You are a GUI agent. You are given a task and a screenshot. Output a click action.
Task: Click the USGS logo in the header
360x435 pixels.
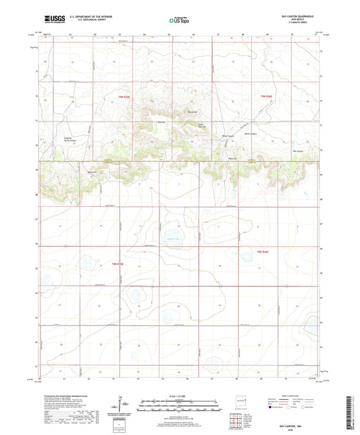(x=51, y=20)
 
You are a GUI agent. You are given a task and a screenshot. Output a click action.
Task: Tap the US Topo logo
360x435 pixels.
(x=179, y=21)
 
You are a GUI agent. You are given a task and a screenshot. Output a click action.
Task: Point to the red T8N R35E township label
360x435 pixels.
(x=119, y=263)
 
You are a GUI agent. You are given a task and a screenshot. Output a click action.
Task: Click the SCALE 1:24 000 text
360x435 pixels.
(x=179, y=396)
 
